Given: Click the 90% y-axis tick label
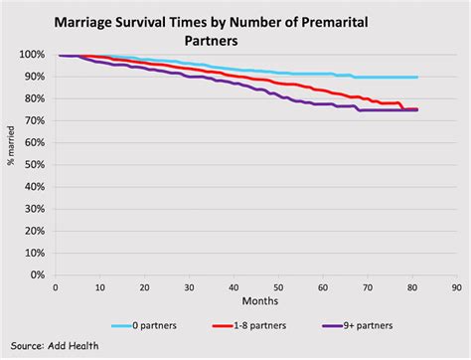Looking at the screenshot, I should point(33,77).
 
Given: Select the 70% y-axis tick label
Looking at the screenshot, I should point(33,120).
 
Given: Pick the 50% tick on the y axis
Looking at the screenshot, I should point(33,164).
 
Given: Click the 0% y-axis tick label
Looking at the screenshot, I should point(36,273).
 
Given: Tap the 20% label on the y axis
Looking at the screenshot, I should point(33,230).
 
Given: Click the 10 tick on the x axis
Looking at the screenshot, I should point(99,286).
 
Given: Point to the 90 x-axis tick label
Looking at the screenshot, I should point(455,286).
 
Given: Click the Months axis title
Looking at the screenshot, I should point(254,300).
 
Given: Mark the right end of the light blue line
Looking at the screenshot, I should point(416,78).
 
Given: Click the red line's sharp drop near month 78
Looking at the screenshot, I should point(401,106).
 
